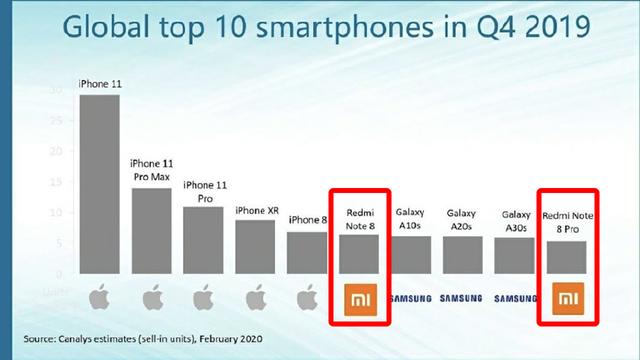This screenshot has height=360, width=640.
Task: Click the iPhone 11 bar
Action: tap(99, 185)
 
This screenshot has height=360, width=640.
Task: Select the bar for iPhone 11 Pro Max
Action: tap(151, 231)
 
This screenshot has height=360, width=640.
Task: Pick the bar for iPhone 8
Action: tap(306, 253)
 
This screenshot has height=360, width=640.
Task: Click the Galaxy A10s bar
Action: tap(410, 255)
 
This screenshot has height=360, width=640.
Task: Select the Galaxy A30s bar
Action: tap(514, 256)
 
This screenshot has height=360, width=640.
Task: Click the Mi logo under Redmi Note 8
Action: tap(358, 298)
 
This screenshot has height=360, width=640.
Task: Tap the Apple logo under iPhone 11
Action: tap(99, 297)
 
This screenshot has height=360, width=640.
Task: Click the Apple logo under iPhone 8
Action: tap(306, 297)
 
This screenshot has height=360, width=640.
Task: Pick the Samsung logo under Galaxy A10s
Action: tap(410, 298)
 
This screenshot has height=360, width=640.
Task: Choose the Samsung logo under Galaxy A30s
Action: tap(514, 298)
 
